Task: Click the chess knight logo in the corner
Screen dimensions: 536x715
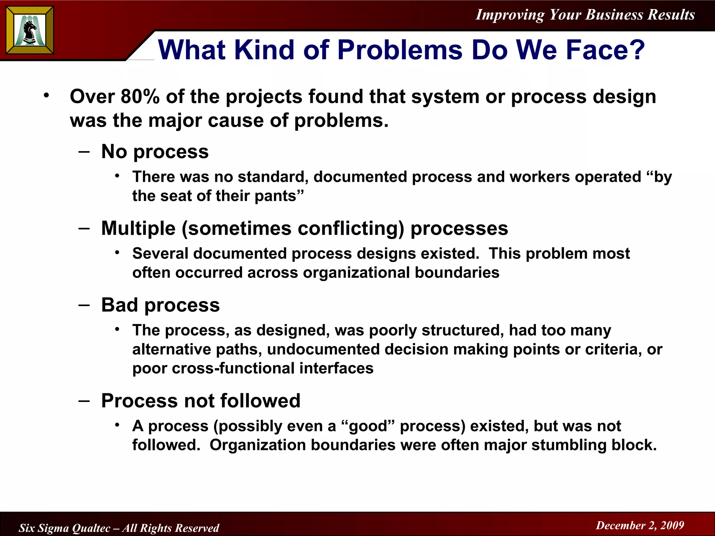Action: [x=30, y=31]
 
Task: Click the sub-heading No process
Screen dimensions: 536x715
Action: [x=155, y=152]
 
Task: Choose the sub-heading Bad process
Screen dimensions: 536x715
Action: [x=160, y=305]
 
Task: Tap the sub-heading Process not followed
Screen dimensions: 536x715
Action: [x=200, y=401]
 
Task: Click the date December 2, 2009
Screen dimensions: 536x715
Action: [x=640, y=526]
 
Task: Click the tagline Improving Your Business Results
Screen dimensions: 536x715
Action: [x=585, y=15]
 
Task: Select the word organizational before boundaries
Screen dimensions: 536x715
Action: [x=356, y=273]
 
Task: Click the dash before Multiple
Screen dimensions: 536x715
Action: [x=84, y=228]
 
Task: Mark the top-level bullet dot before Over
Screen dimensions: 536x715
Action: [x=46, y=95]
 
